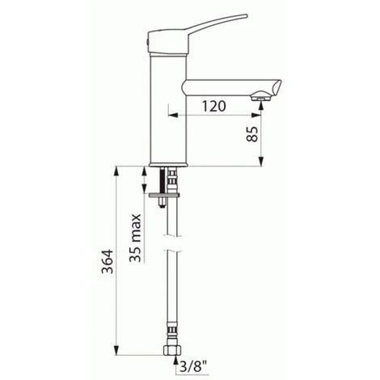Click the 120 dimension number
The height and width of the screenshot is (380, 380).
tap(214, 106)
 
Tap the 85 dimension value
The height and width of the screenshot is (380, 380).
tap(252, 134)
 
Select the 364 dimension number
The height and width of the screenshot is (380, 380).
tap(108, 261)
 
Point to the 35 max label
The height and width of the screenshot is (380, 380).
tap(135, 238)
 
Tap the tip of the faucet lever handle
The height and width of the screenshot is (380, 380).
tap(247, 15)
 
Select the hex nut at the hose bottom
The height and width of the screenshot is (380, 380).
tap(172, 350)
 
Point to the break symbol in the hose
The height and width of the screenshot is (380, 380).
tap(172, 243)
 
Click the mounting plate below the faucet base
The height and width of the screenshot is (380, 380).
tap(164, 195)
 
